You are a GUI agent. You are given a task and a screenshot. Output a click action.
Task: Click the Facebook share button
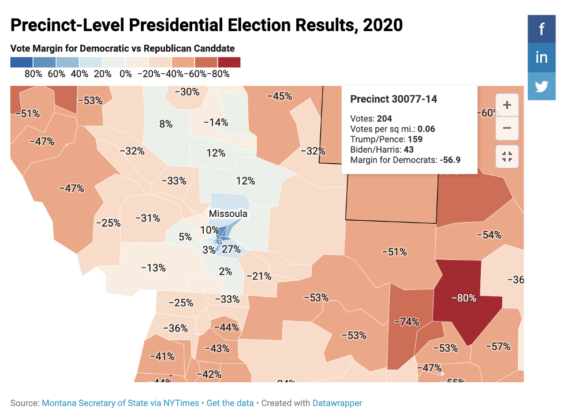pyautogui.click(x=541, y=29)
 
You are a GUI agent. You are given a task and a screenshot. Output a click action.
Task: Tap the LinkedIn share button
pyautogui.click(x=541, y=58)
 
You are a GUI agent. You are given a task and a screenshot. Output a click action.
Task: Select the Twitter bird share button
pyautogui.click(x=541, y=86)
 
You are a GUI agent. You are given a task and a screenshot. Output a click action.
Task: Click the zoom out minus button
pyautogui.click(x=507, y=128)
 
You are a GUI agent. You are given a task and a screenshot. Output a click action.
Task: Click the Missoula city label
pyautogui.click(x=228, y=214)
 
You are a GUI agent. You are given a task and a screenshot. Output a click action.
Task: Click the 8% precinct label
pyautogui.click(x=166, y=123)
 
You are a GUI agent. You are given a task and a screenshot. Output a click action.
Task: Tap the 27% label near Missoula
pyautogui.click(x=231, y=249)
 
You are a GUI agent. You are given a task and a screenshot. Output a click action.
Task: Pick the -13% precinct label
pyautogui.click(x=154, y=268)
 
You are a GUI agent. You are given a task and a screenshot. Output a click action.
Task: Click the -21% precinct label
pyautogui.click(x=259, y=276)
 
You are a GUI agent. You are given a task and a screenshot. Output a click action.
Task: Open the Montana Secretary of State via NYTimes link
pyautogui.click(x=120, y=403)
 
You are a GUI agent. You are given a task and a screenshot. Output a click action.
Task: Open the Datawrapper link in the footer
pyautogui.click(x=337, y=403)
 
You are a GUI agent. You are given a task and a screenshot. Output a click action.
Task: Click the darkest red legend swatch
pyautogui.click(x=229, y=62)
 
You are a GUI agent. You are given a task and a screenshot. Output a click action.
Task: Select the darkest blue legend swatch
pyautogui.click(x=22, y=62)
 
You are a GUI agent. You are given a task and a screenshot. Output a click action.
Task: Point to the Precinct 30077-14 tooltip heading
pyautogui.click(x=394, y=99)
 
